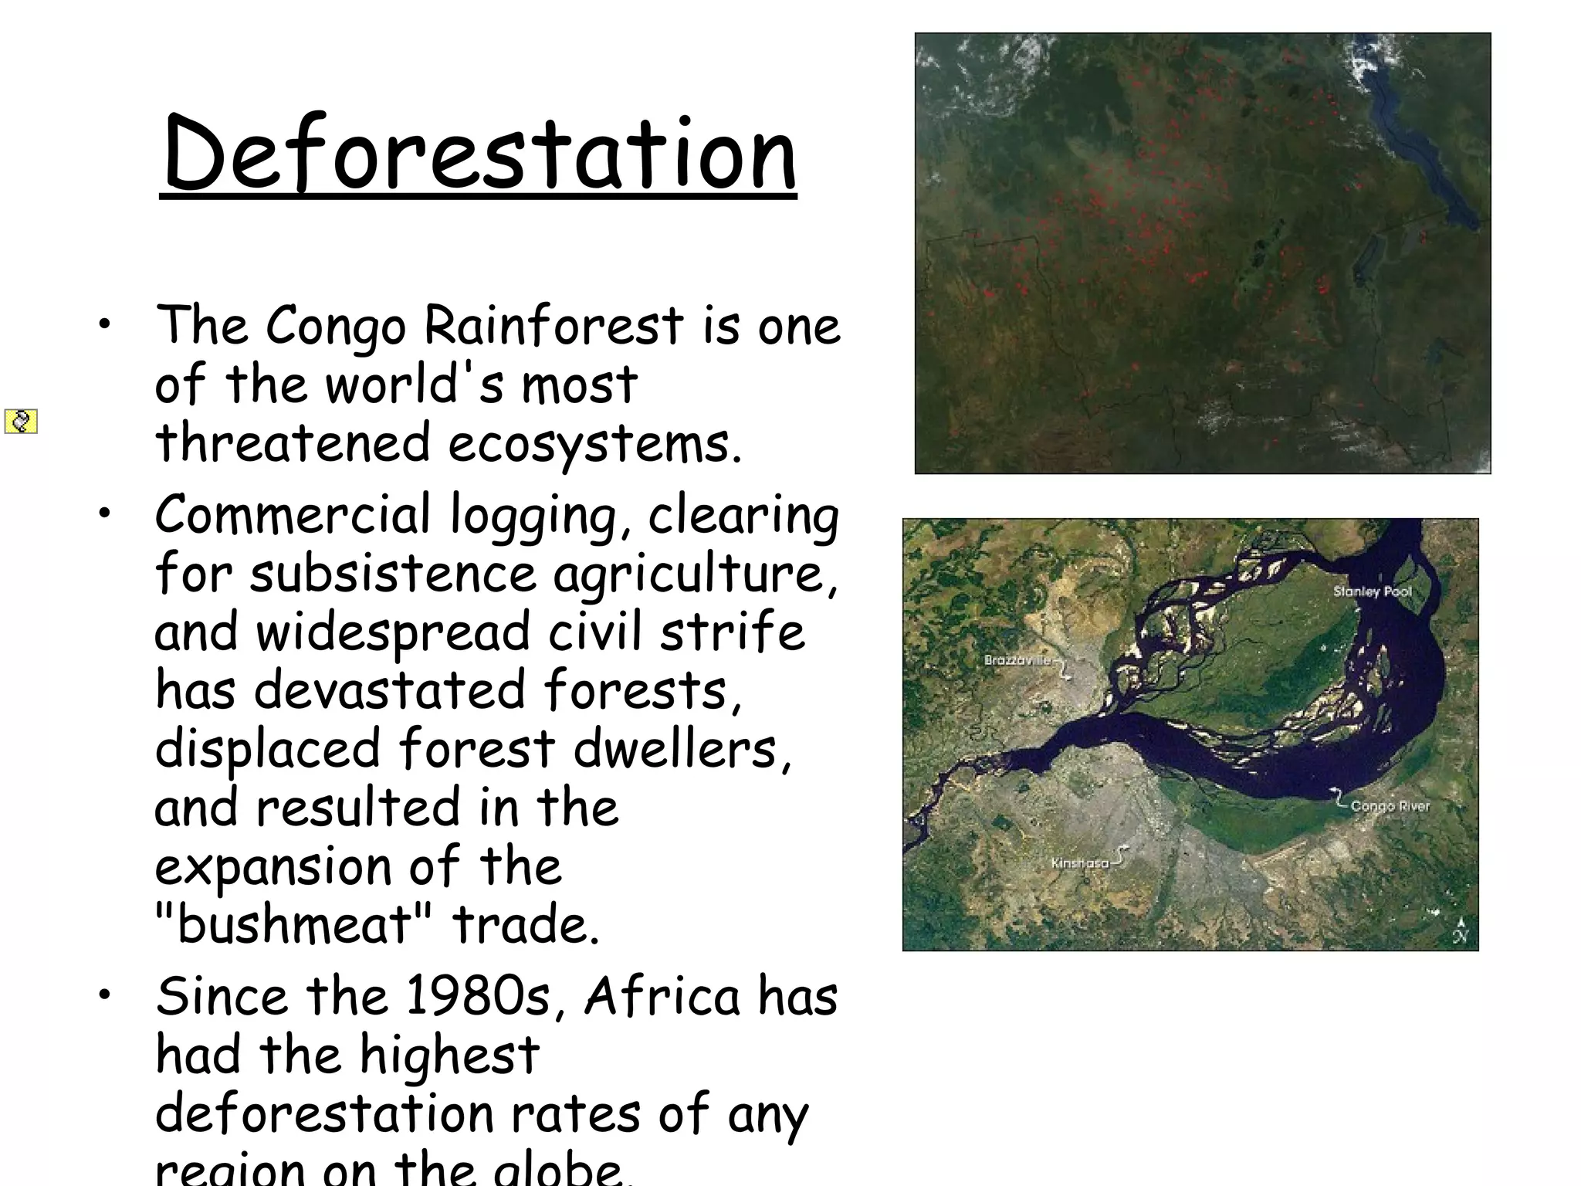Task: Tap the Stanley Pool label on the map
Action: (x=1372, y=591)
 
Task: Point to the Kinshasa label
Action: (x=1079, y=862)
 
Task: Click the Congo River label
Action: (x=1390, y=806)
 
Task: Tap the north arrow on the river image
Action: (x=1460, y=931)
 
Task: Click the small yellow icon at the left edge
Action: (x=21, y=422)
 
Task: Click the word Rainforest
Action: (x=554, y=325)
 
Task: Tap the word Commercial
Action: (x=293, y=515)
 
